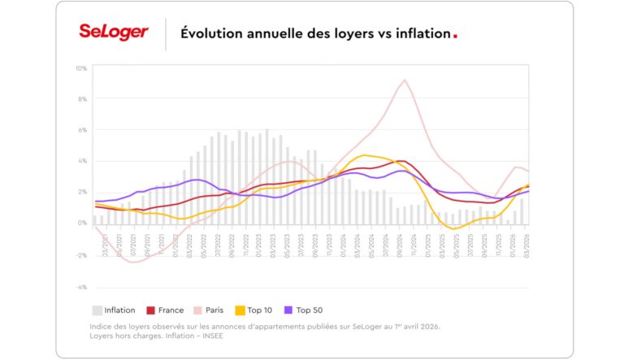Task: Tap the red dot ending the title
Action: pos(455,37)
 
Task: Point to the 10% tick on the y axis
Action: pos(82,68)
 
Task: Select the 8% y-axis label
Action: pos(82,99)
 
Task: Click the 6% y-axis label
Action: pos(82,130)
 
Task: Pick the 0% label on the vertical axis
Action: pos(82,223)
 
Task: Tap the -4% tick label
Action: pos(82,287)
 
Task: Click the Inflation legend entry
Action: pos(114,310)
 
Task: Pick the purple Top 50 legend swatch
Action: pos(288,310)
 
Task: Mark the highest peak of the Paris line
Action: pos(404,80)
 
